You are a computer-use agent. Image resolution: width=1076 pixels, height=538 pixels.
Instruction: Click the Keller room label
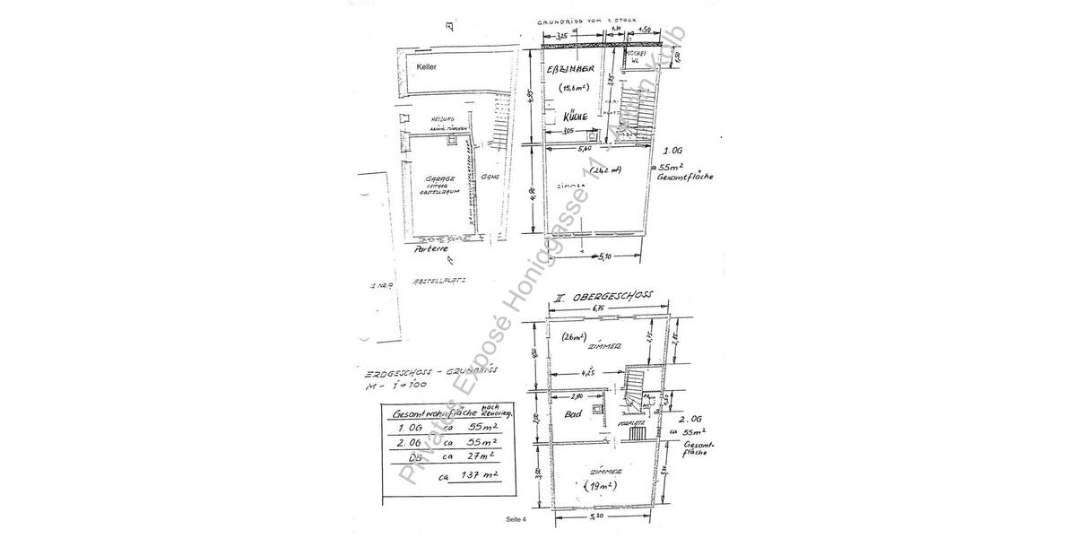(x=427, y=67)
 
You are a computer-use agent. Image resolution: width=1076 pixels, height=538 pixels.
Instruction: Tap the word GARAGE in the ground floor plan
(x=440, y=178)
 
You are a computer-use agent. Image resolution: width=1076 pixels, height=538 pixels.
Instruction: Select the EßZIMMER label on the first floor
(x=568, y=68)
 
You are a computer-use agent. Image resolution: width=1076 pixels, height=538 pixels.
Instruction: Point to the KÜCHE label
(x=576, y=117)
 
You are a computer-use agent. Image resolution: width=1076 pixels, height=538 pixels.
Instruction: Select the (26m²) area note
(x=574, y=338)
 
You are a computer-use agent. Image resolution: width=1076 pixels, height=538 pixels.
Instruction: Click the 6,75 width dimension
(x=611, y=309)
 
